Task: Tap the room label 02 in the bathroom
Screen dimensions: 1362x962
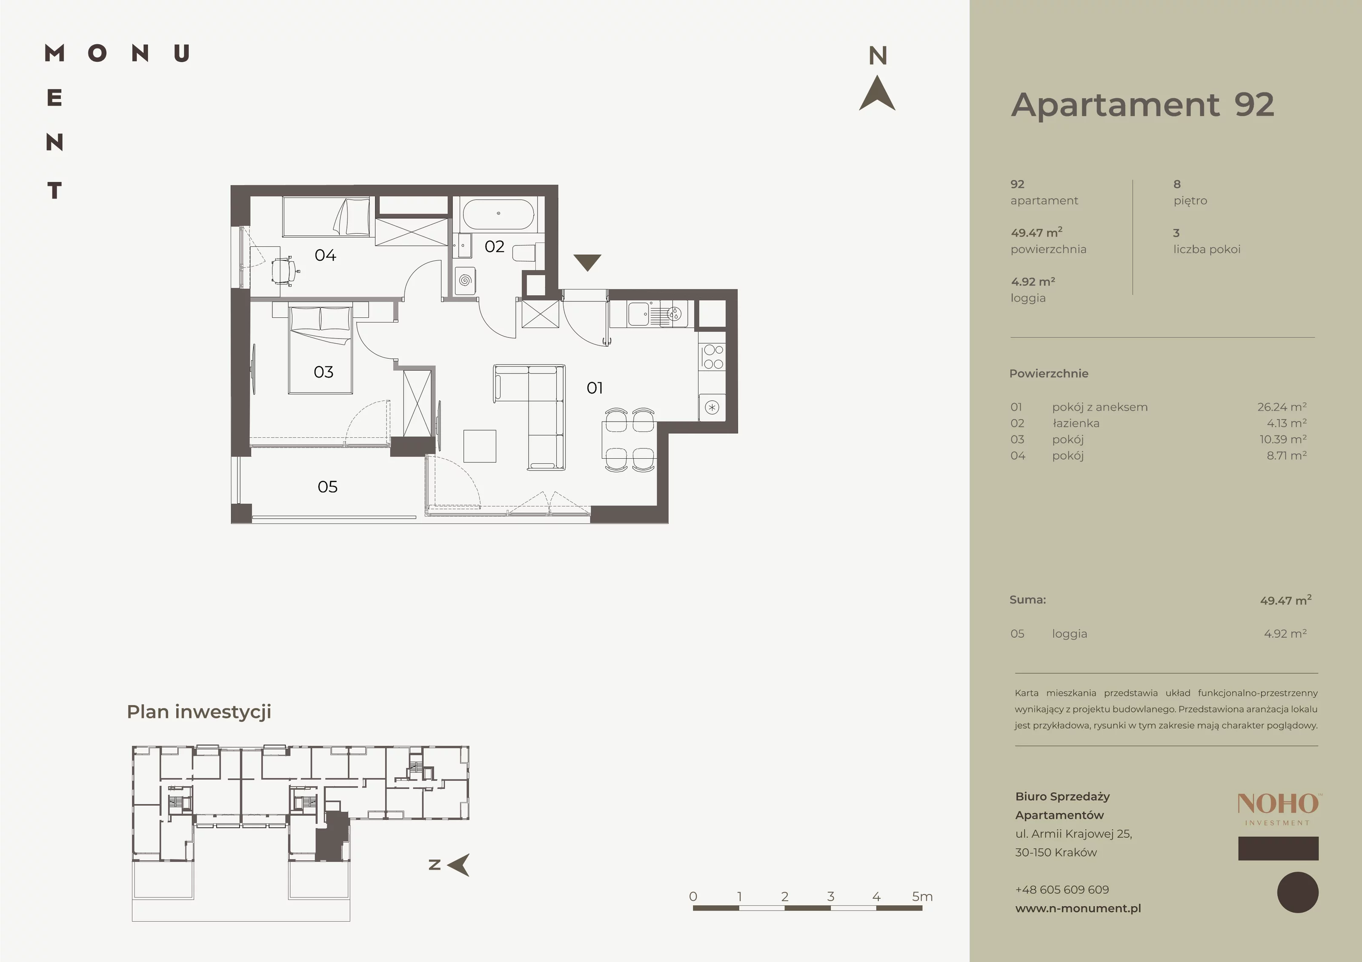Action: click(x=494, y=246)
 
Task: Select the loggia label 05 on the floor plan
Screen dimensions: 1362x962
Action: click(x=327, y=487)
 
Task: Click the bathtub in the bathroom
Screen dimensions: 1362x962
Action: click(x=498, y=214)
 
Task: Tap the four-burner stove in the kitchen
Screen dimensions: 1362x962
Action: click(x=712, y=357)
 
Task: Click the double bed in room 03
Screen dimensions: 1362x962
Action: click(x=320, y=349)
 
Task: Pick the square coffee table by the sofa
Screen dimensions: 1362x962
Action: click(x=479, y=446)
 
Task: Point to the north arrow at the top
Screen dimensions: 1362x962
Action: click(x=877, y=93)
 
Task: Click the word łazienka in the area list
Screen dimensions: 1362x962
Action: click(x=1076, y=423)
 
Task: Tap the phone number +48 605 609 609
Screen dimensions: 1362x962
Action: click(x=1062, y=890)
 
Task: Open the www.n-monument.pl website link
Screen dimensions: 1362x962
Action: click(x=1078, y=908)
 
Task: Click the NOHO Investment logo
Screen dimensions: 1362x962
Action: click(x=1278, y=810)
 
